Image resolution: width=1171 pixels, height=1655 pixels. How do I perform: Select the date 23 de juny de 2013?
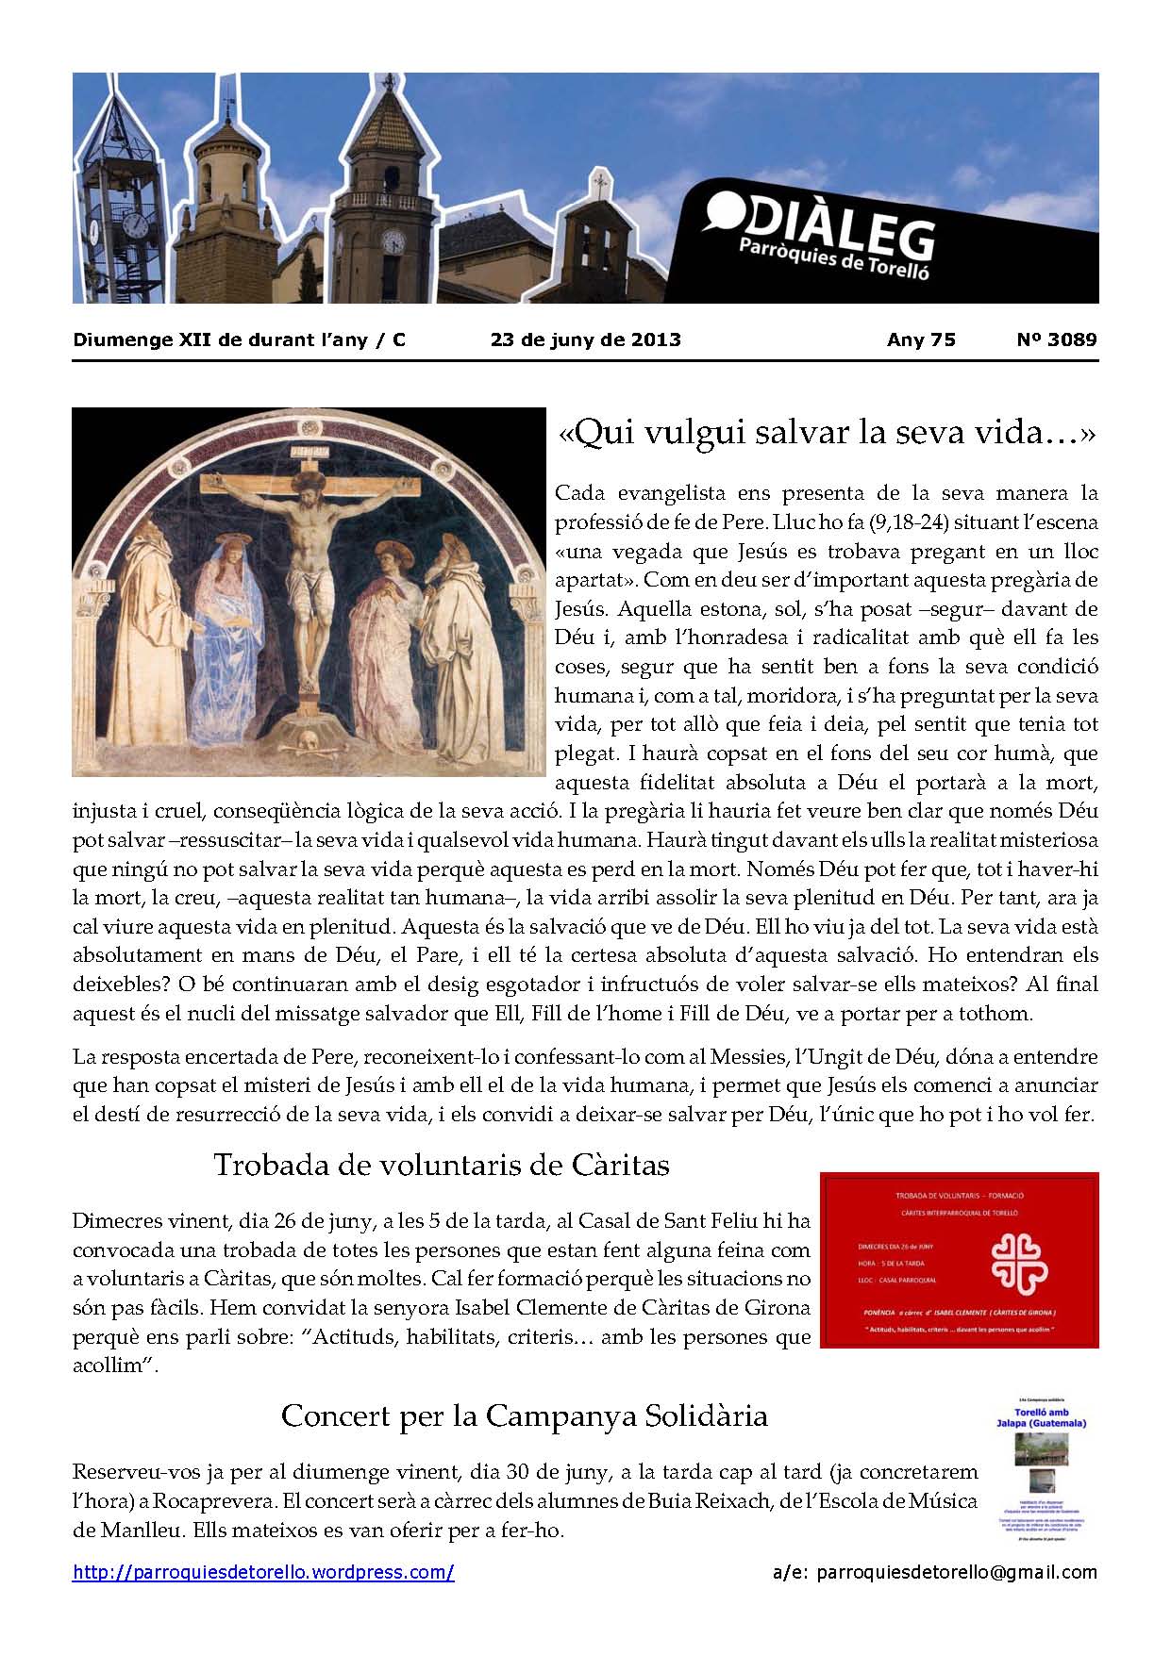(585, 340)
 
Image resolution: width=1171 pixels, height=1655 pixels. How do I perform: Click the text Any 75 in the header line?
(921, 340)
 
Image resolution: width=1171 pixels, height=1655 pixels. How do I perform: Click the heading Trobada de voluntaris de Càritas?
(441, 1166)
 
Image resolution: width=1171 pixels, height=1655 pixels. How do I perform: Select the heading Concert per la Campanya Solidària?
(524, 1416)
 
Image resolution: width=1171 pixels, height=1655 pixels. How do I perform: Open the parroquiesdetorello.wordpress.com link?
(263, 1572)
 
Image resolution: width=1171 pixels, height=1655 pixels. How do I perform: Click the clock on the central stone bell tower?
(392, 242)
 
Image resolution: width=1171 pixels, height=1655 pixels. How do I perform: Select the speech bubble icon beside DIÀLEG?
(722, 212)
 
